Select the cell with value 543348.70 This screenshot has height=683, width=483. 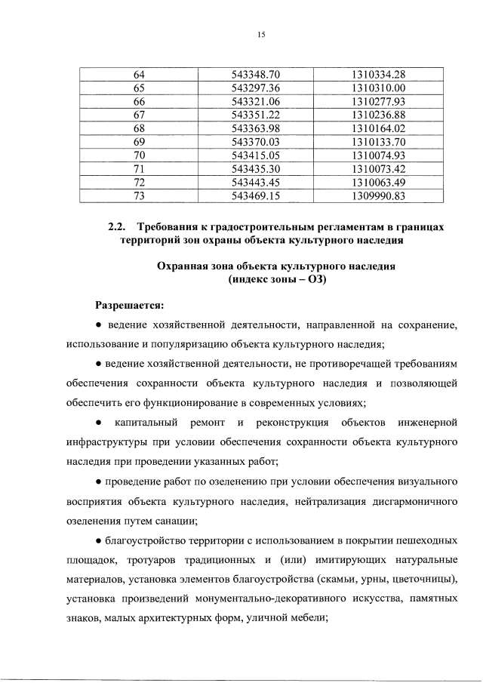coord(256,74)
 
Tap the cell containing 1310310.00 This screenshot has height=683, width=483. coord(379,88)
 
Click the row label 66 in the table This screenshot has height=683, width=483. coord(139,101)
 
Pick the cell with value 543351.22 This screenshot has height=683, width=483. coord(256,115)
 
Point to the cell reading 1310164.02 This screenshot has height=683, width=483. coord(379,128)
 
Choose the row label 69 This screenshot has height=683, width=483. coord(139,142)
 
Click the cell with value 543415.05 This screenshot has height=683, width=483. coord(256,155)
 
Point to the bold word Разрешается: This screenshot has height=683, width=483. coord(128,305)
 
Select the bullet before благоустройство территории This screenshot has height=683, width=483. coord(99,540)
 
